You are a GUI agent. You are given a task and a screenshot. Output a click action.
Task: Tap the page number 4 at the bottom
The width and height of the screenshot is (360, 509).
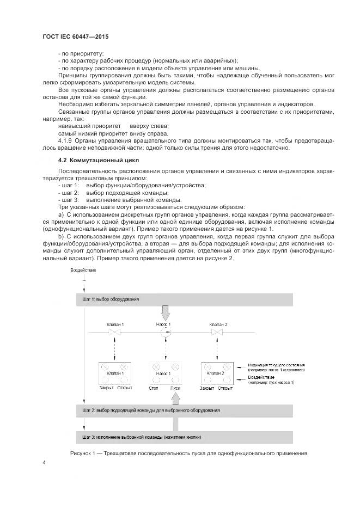pyautogui.click(x=44, y=462)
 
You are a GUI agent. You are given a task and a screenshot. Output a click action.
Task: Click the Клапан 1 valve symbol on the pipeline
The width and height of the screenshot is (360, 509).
pyautogui.click(x=114, y=333)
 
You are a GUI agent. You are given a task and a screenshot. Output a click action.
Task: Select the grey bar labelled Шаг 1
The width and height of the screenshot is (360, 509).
pyautogui.click(x=184, y=299)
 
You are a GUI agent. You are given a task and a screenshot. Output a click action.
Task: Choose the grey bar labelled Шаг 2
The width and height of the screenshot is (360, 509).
pyautogui.click(x=184, y=409)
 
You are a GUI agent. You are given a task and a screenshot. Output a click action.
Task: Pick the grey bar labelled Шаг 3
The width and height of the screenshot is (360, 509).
pyautogui.click(x=184, y=437)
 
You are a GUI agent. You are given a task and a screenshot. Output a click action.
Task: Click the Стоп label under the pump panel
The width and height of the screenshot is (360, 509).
pyautogui.click(x=154, y=388)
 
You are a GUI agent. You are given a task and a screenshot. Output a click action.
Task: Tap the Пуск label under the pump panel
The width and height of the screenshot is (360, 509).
pyautogui.click(x=175, y=388)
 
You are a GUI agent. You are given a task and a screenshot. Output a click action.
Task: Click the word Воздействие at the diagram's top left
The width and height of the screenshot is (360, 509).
pyautogui.click(x=83, y=271)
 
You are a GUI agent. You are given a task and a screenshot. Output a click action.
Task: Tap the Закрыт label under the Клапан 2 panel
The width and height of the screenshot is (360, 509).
pyautogui.click(x=207, y=388)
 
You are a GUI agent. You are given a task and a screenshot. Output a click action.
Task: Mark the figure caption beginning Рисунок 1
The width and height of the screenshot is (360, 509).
pyautogui.click(x=188, y=453)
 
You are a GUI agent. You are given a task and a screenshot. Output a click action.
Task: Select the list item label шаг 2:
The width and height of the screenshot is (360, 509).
pyautogui.click(x=70, y=193)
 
